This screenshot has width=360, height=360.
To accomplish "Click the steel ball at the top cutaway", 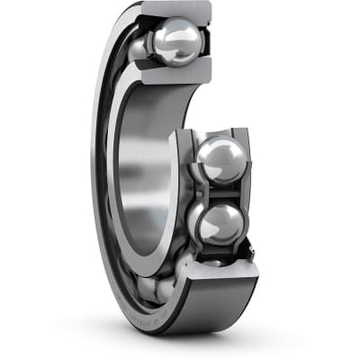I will [x=176, y=42].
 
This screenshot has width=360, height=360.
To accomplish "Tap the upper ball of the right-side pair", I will [x=220, y=161].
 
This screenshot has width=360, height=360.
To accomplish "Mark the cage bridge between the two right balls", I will [x=221, y=192].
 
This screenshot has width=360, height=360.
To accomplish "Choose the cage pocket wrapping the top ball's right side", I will [x=202, y=42].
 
